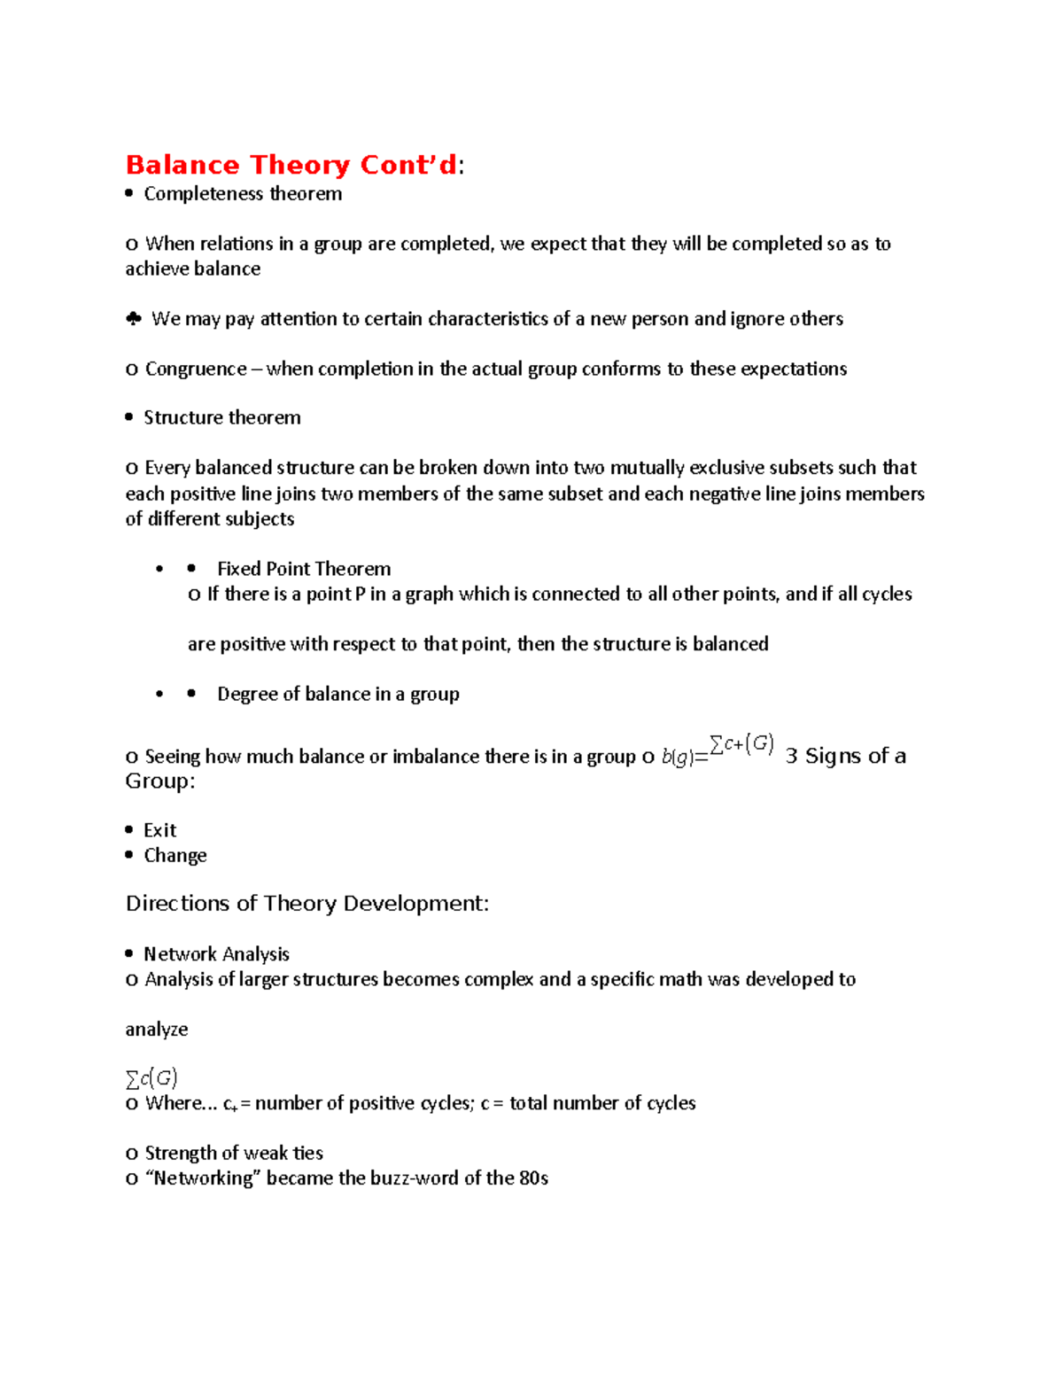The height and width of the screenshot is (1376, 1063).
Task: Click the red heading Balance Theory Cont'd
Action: [291, 165]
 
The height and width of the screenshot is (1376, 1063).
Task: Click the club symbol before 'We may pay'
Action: [134, 319]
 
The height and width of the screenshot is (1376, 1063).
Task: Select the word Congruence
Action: [196, 369]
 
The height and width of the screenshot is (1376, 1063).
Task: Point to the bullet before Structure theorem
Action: [129, 417]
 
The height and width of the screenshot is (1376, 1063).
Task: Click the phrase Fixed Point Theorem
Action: [304, 569]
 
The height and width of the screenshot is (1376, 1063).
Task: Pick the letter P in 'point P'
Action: [360, 594]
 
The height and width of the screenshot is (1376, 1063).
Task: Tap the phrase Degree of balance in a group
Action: [338, 694]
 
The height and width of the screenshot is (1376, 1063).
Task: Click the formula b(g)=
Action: [685, 758]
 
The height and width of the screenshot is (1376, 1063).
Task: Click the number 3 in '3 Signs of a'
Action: [791, 756]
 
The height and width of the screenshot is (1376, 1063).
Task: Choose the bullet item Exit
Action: [160, 830]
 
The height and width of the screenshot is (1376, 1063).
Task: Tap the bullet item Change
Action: [175, 855]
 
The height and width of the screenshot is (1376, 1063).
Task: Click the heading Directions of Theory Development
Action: [306, 904]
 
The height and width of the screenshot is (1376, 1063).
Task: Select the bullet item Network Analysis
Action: [217, 954]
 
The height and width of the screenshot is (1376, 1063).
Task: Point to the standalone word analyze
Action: [157, 1030]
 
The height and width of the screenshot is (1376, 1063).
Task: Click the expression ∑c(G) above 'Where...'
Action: [151, 1078]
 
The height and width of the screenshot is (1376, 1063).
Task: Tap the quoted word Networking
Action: [203, 1178]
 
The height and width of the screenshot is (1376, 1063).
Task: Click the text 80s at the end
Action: [534, 1178]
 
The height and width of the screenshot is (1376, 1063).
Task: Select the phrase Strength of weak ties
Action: [234, 1154]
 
